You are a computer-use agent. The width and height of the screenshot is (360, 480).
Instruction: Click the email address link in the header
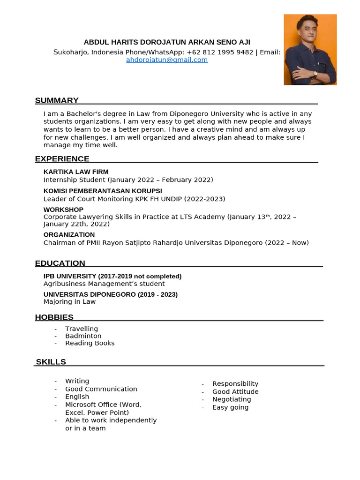(167, 60)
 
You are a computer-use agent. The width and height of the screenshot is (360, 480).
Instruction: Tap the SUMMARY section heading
(57, 100)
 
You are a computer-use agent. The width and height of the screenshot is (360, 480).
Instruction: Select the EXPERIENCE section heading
(62, 159)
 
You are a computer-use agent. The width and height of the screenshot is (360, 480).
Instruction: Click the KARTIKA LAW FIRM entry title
(76, 172)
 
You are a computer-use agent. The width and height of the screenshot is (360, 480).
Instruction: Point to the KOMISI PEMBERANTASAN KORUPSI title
(103, 191)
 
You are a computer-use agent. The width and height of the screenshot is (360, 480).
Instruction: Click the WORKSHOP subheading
(63, 210)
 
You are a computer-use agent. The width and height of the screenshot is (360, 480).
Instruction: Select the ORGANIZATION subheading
(69, 235)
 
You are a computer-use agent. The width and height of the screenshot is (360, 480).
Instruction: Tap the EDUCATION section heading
(60, 263)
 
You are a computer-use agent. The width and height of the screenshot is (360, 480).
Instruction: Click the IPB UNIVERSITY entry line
(112, 276)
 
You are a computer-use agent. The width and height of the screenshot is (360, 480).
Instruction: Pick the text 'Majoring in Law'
(69, 302)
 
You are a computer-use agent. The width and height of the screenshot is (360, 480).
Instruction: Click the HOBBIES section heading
(54, 317)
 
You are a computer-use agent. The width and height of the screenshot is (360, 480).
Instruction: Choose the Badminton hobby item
(83, 336)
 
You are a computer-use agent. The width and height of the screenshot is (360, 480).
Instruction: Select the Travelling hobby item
(82, 329)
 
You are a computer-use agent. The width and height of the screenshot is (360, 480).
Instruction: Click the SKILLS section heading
(51, 362)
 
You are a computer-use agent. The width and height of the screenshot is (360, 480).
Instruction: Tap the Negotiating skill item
(232, 399)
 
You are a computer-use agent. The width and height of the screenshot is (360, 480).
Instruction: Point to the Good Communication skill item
(101, 389)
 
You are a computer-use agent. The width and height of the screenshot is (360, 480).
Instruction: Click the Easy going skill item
(230, 407)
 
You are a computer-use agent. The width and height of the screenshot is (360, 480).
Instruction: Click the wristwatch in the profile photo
(315, 73)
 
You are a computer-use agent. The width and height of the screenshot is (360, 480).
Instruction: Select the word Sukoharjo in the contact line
(70, 52)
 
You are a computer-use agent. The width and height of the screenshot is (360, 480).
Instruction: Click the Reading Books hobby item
(90, 343)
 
